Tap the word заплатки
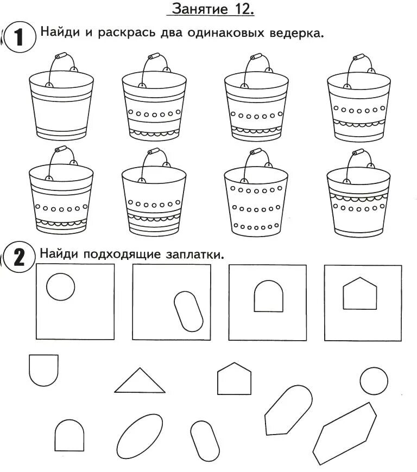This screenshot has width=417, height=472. point(197,253)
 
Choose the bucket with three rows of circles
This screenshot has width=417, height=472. point(256,201)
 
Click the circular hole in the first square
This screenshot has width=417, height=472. point(60,286)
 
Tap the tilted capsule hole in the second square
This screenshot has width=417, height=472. point(188,311)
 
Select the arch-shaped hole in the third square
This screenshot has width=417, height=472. point(269,296)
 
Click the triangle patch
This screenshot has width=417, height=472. point(140,382)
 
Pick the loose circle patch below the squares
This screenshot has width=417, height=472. point(374,380)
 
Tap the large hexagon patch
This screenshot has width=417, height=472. point(344,433)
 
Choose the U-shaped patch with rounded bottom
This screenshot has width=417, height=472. point(43,369)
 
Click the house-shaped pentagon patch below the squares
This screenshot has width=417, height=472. point(234,379)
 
